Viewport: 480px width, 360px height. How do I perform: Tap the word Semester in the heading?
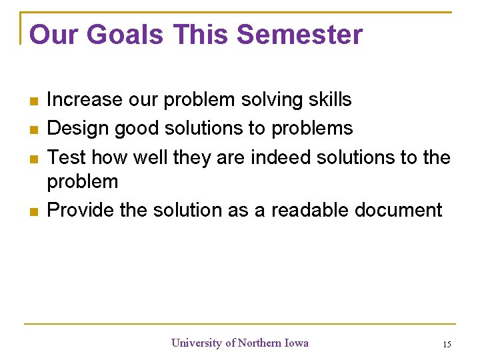pyautogui.click(x=300, y=35)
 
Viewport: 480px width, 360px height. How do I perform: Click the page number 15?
pyautogui.click(x=446, y=345)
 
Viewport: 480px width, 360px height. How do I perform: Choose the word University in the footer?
pyautogui.click(x=197, y=343)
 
